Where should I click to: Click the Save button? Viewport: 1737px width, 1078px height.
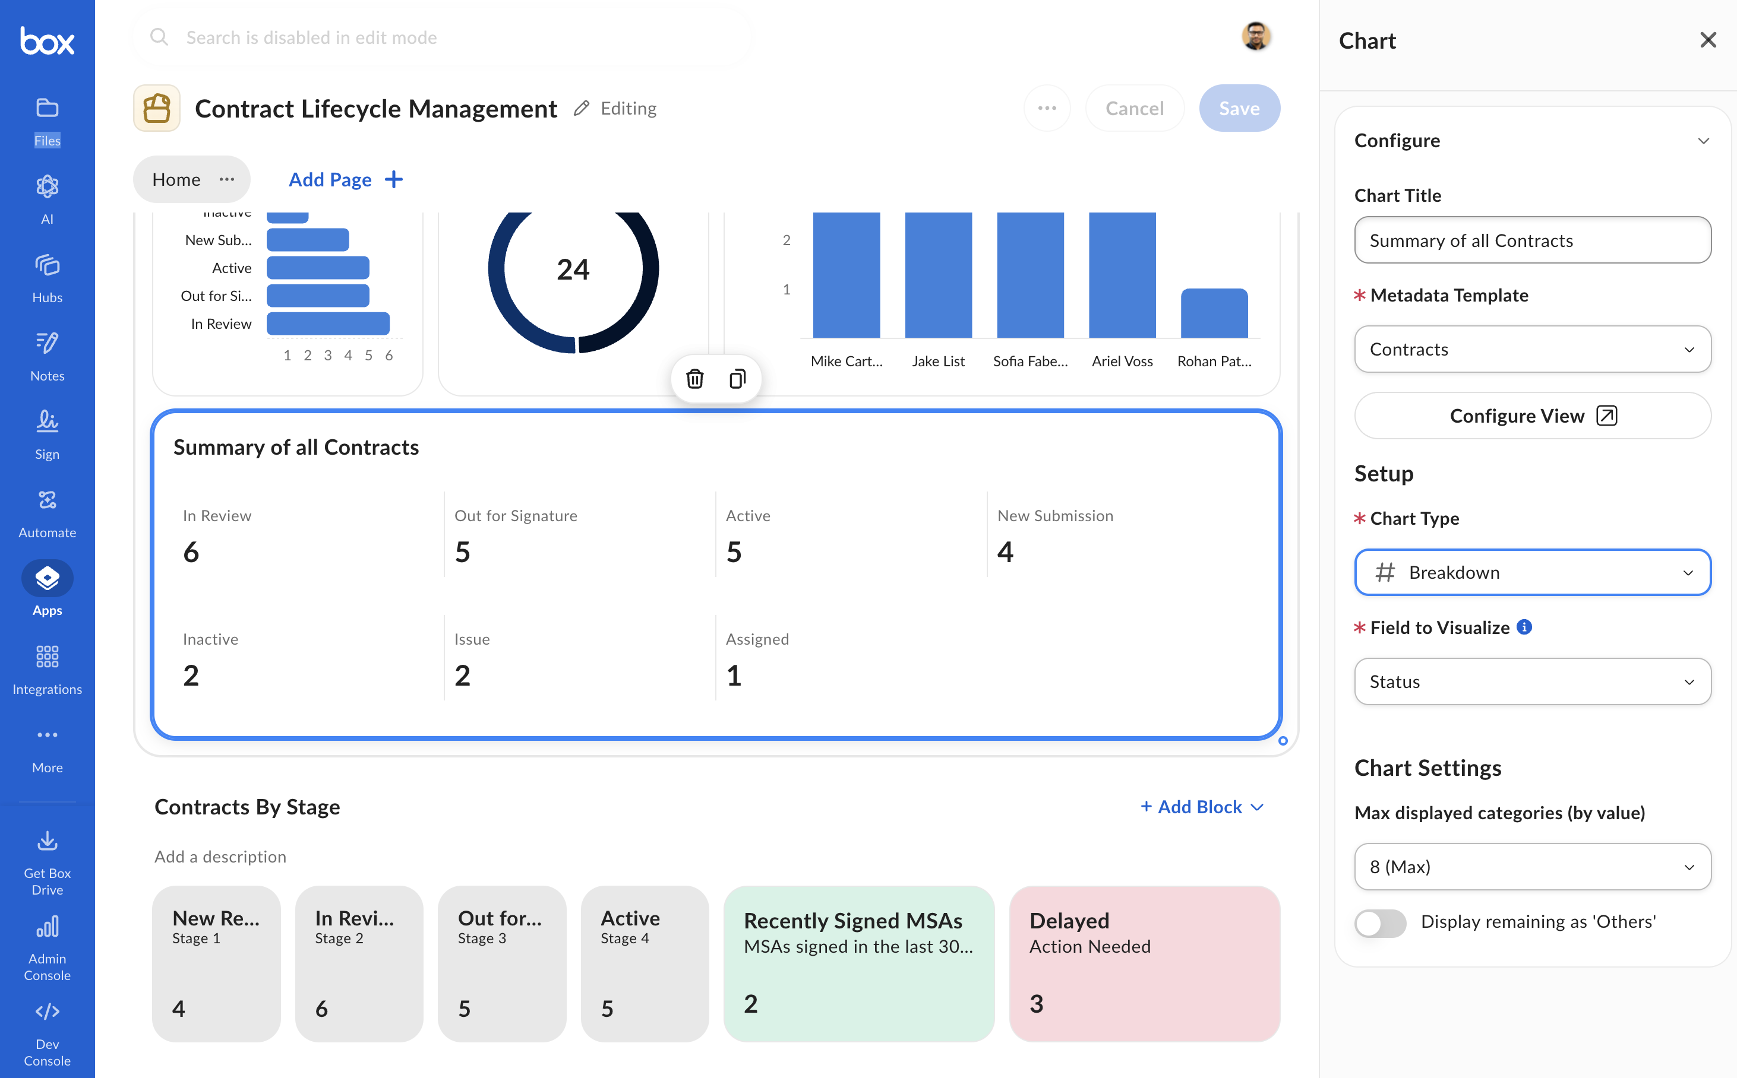coord(1239,109)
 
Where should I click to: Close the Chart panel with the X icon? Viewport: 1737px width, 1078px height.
coord(1708,40)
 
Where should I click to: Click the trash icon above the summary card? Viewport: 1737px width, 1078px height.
coord(695,379)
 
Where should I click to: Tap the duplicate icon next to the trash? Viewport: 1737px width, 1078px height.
coord(738,379)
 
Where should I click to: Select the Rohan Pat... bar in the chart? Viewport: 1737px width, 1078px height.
coord(1214,313)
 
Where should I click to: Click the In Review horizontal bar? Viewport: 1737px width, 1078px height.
coord(328,324)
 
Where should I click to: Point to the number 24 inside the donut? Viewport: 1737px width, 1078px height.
coord(573,269)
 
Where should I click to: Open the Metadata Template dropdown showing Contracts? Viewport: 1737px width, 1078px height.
coord(1532,350)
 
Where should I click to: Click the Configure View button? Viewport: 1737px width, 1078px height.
coord(1532,416)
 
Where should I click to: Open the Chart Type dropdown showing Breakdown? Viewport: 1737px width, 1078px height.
coord(1532,572)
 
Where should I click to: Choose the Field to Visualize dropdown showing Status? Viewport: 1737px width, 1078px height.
coord(1532,681)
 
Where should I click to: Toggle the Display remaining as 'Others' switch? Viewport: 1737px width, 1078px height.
coord(1381,922)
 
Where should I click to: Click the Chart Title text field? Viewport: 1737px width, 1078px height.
coord(1532,240)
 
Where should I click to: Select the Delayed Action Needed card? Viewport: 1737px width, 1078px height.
coord(1144,964)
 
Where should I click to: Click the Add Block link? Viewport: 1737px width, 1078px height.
coord(1202,807)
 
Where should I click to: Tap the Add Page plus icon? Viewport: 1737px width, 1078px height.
coord(394,180)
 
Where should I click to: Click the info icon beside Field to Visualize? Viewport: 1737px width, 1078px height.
coord(1524,627)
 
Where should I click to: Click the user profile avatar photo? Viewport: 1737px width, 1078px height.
coord(1256,36)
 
